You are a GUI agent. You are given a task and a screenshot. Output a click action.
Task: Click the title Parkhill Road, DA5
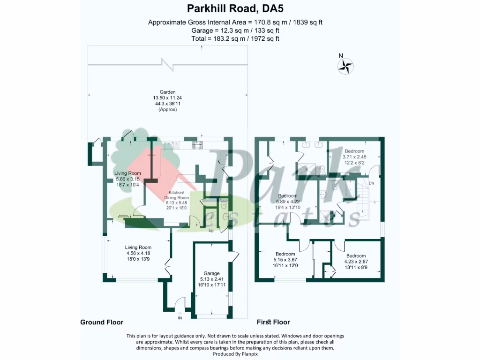tap(235, 8)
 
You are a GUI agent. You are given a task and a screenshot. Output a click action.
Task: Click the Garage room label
tap(211, 273)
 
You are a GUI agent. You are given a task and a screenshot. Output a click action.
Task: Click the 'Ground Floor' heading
tap(102, 322)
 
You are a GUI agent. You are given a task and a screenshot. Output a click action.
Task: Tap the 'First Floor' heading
tap(273, 322)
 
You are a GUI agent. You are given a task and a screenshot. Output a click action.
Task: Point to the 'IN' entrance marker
tap(180, 318)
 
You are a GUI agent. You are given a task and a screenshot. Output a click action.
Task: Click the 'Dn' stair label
tap(371, 183)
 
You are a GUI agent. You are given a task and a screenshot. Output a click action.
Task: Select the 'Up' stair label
tap(211, 231)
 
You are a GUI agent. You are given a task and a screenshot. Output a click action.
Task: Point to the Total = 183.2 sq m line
tap(235, 38)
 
